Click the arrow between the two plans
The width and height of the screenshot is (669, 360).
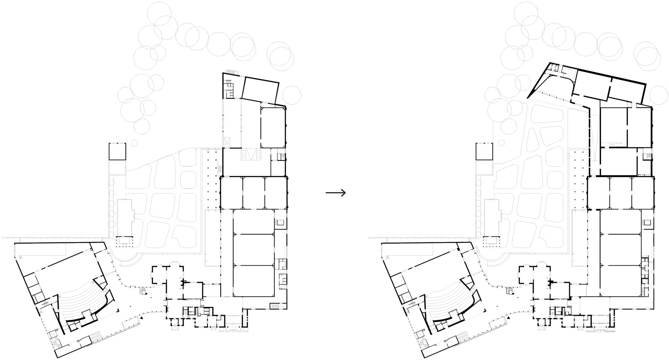pyautogui.click(x=336, y=192)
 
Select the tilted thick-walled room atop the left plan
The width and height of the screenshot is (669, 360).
pyautogui.click(x=260, y=90)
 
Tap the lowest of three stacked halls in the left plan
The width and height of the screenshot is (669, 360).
pyautogui.click(x=254, y=281)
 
